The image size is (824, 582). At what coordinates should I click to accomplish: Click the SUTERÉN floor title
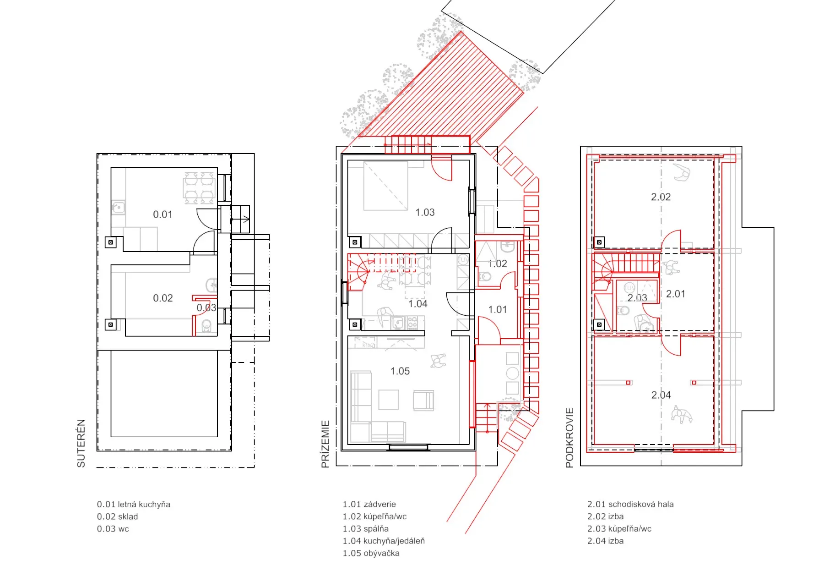[x=81, y=443]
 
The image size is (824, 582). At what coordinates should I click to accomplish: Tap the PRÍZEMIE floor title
[x=325, y=444]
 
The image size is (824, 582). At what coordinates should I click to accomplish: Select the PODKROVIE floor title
[x=569, y=438]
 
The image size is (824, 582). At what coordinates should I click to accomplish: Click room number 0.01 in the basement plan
[x=163, y=214]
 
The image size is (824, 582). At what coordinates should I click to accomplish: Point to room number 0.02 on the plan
[x=163, y=298]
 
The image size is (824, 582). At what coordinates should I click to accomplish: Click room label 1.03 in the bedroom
[x=425, y=213]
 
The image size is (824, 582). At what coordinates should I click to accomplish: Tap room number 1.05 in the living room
[x=400, y=371]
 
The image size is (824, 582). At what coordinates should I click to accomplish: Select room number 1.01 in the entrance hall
[x=498, y=310]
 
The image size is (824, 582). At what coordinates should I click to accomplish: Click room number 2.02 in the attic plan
[x=661, y=197]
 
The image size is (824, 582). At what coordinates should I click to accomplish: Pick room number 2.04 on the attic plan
[x=661, y=395]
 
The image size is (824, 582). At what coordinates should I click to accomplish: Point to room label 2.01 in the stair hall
[x=676, y=294]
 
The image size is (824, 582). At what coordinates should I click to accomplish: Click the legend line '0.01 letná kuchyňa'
[x=134, y=505]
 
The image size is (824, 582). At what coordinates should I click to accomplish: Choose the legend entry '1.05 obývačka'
[x=371, y=554]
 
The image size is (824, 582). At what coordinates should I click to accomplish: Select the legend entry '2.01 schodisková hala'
[x=630, y=505]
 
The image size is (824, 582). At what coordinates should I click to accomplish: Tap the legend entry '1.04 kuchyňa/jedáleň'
[x=384, y=541]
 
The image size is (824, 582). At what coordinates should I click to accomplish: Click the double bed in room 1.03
[x=385, y=186]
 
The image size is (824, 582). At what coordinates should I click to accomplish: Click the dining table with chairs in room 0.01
[x=200, y=188]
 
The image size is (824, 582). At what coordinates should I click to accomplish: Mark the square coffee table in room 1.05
[x=388, y=400]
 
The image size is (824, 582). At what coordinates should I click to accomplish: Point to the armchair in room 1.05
[x=423, y=401]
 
